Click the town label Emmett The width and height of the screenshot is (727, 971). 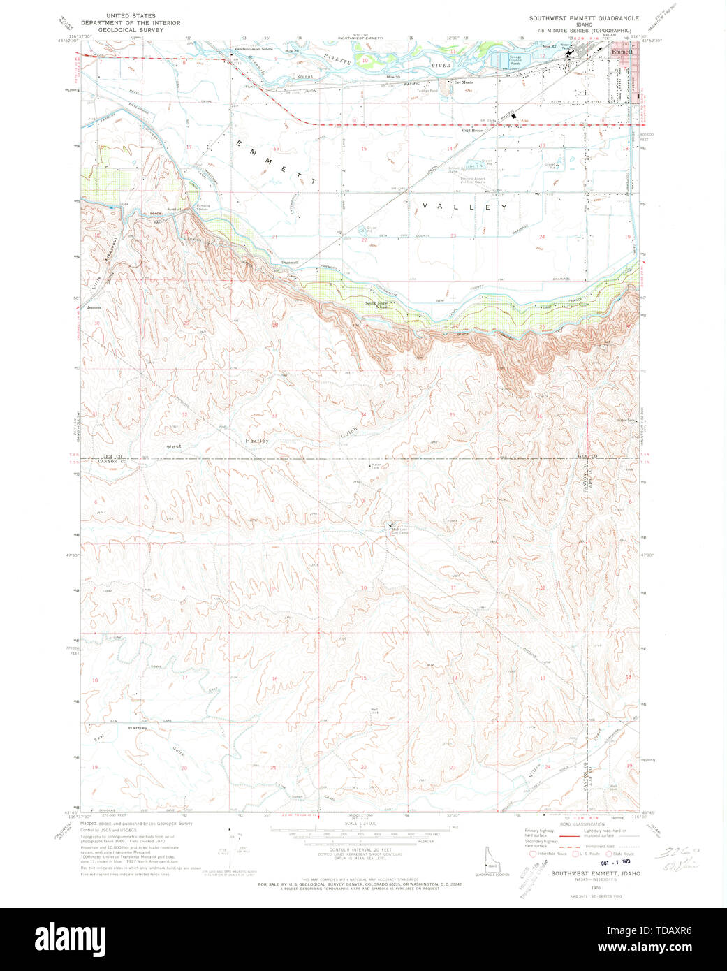(x=622, y=52)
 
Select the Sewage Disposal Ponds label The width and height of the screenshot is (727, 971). (x=515, y=59)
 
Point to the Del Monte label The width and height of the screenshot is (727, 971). (x=464, y=82)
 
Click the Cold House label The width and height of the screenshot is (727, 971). (x=472, y=131)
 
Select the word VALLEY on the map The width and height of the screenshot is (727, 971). (x=464, y=207)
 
